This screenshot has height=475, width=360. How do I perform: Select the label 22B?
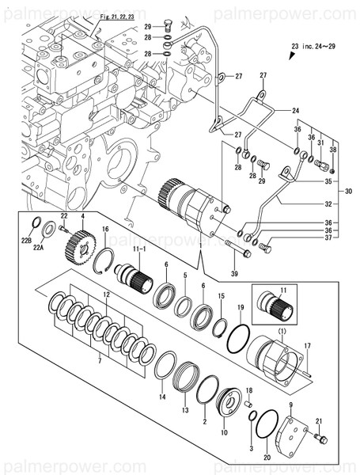(26, 240)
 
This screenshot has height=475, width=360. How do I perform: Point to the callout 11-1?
(139, 250)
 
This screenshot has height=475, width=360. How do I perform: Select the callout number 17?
(308, 346)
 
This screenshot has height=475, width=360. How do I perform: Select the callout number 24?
(296, 110)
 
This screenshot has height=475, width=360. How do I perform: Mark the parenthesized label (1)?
(281, 329)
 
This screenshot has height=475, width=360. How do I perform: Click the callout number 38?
(332, 150)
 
